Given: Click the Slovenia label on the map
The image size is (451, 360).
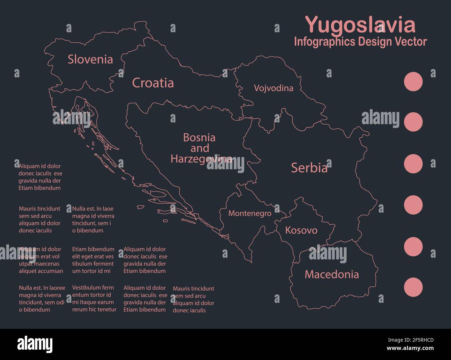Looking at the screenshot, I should tap(90, 59).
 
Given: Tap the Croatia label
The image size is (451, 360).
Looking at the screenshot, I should tap(153, 83).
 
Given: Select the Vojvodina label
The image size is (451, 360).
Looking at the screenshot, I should tap(273, 88).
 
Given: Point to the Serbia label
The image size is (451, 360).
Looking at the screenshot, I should tap(309, 168).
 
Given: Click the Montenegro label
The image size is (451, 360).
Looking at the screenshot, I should tap(250, 213).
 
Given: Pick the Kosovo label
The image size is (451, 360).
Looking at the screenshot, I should tap(301, 230).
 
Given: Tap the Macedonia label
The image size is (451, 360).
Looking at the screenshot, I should tap(332, 274).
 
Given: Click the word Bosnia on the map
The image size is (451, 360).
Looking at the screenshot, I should tap(199, 138).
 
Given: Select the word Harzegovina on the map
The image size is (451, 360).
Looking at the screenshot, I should tap(201, 159).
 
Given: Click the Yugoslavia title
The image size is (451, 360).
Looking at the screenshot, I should tap(360, 25).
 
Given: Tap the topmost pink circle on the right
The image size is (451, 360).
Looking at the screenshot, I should tap(413, 82).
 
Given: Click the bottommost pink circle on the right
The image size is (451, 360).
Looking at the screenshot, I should tap(413, 287).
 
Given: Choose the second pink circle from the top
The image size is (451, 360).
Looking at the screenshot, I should tap(413, 122).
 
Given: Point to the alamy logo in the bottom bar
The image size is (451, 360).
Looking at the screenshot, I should tap(35, 344).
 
